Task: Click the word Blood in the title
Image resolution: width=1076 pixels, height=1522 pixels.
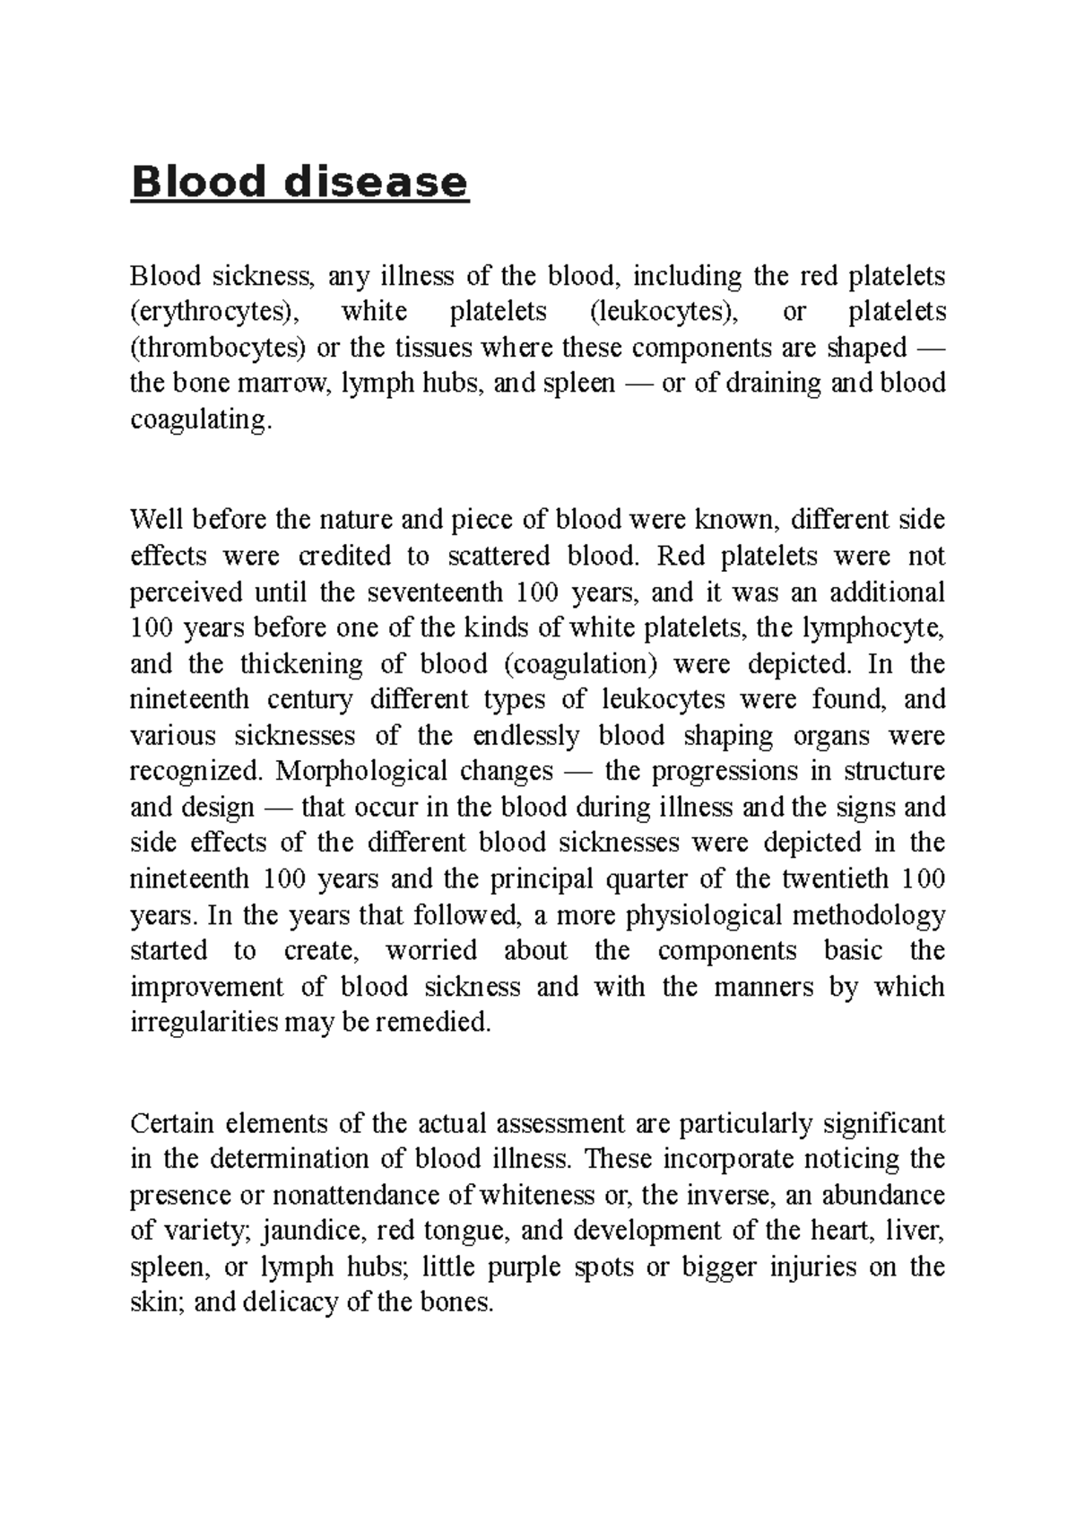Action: [198, 183]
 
